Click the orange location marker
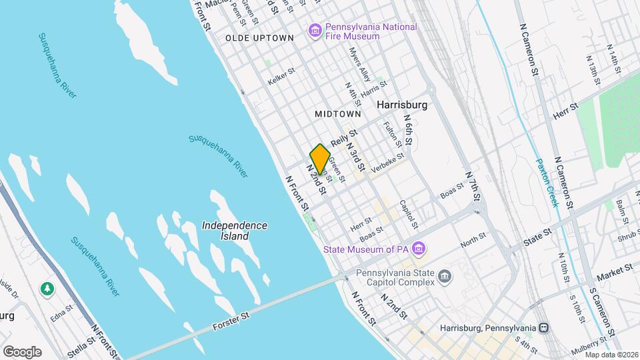[x=320, y=159]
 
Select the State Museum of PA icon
[x=419, y=250]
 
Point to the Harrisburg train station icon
[x=544, y=328]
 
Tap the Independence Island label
[x=235, y=231]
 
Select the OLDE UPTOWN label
[x=259, y=38]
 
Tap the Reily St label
[x=344, y=139]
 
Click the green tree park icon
[x=47, y=289]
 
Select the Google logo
[x=22, y=351]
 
